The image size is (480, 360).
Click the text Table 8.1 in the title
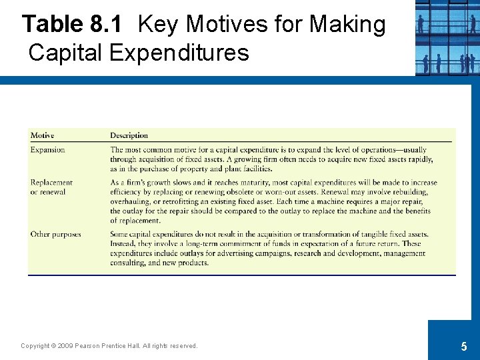coord(72,25)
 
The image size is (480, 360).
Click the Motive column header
coord(42,136)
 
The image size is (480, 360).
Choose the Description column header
coord(129,136)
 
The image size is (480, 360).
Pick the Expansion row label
coord(47,150)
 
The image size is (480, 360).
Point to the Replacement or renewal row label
coord(51,187)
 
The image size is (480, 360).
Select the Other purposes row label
coord(55,235)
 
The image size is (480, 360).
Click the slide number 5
coord(463,347)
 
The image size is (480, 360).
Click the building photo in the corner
coord(447,37)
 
